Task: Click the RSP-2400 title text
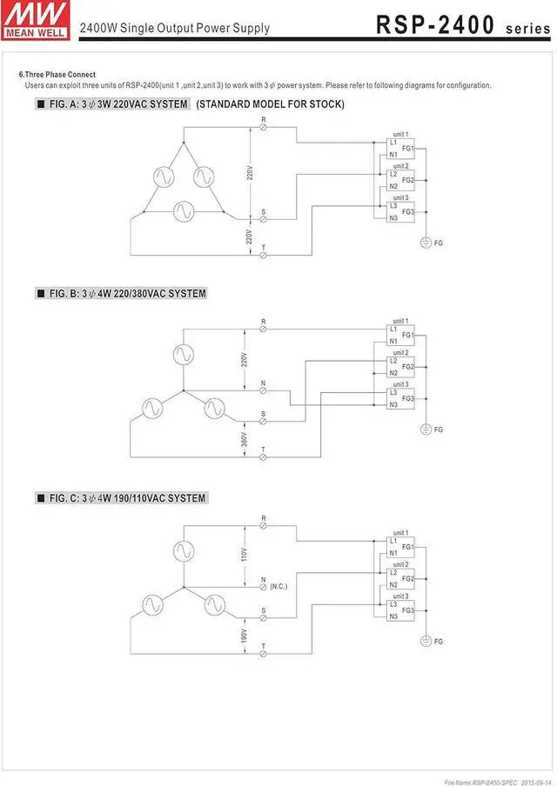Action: coord(435,25)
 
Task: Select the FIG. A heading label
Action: coord(113,104)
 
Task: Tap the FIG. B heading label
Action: coord(122,294)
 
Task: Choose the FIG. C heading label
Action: coord(122,498)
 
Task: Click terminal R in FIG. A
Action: coord(264,127)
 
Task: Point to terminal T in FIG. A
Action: coord(264,255)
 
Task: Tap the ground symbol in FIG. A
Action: coord(426,242)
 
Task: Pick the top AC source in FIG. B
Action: coord(183,354)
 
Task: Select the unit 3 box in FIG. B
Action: coord(400,398)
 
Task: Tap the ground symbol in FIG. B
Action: coord(426,429)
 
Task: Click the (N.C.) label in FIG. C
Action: coord(278,586)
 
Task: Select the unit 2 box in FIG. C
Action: coord(400,578)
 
